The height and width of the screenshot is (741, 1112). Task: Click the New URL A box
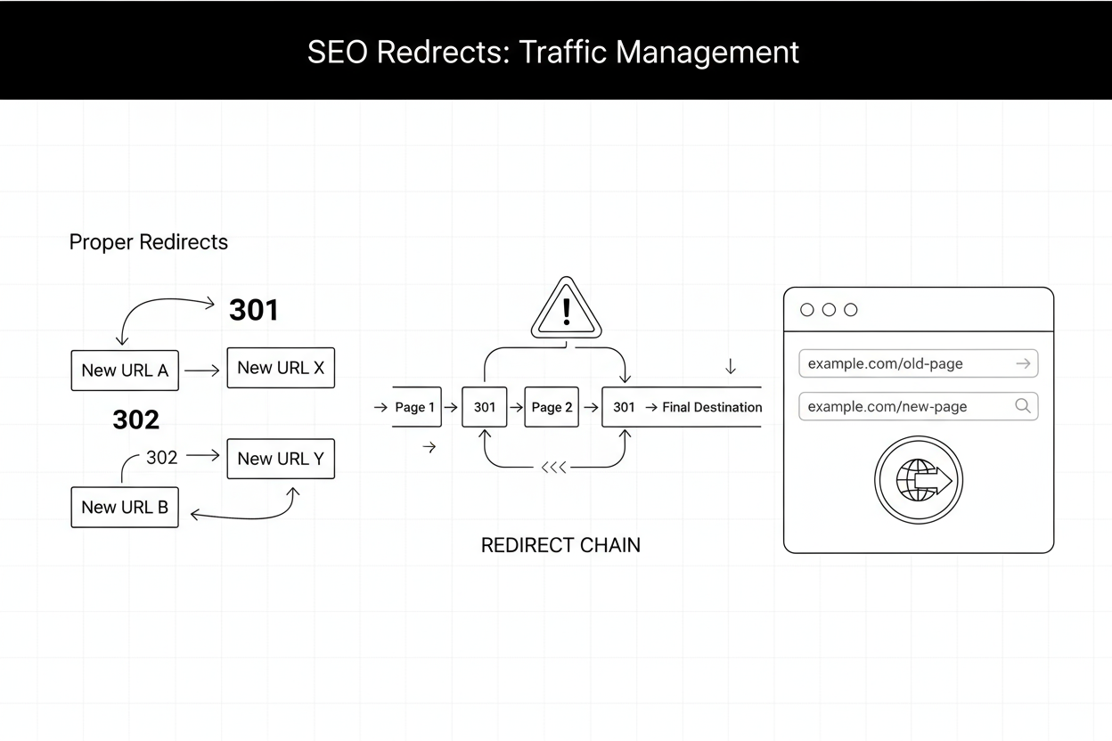pos(125,370)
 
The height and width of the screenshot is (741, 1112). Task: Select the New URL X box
pos(281,368)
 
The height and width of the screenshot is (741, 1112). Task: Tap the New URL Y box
pos(281,459)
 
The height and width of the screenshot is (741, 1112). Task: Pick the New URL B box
pos(125,507)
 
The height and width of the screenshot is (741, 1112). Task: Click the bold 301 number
pos(254,310)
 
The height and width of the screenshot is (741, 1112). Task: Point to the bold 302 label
pos(136,419)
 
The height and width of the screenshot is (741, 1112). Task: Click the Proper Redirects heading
pos(149,242)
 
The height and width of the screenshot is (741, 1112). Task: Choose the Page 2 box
pos(552,407)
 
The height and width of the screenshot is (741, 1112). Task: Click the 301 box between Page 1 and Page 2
pos(485,407)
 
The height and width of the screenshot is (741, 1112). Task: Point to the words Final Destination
pos(712,407)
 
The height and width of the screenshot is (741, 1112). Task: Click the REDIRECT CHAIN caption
pos(560,545)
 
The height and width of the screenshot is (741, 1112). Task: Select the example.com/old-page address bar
pos(918,363)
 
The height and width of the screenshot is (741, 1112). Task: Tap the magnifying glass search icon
pos(1023,406)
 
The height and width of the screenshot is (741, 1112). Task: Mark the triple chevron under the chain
pos(554,468)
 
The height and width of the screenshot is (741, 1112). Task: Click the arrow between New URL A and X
pos(202,370)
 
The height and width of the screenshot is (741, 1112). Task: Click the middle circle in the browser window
pos(829,310)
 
